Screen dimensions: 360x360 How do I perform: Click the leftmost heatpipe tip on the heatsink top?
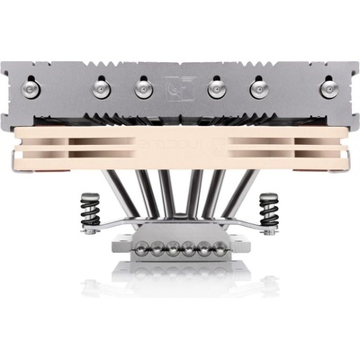coord(32,87)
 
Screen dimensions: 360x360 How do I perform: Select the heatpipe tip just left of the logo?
coord(142,87)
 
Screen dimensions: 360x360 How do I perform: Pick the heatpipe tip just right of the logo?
coord(217,87)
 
